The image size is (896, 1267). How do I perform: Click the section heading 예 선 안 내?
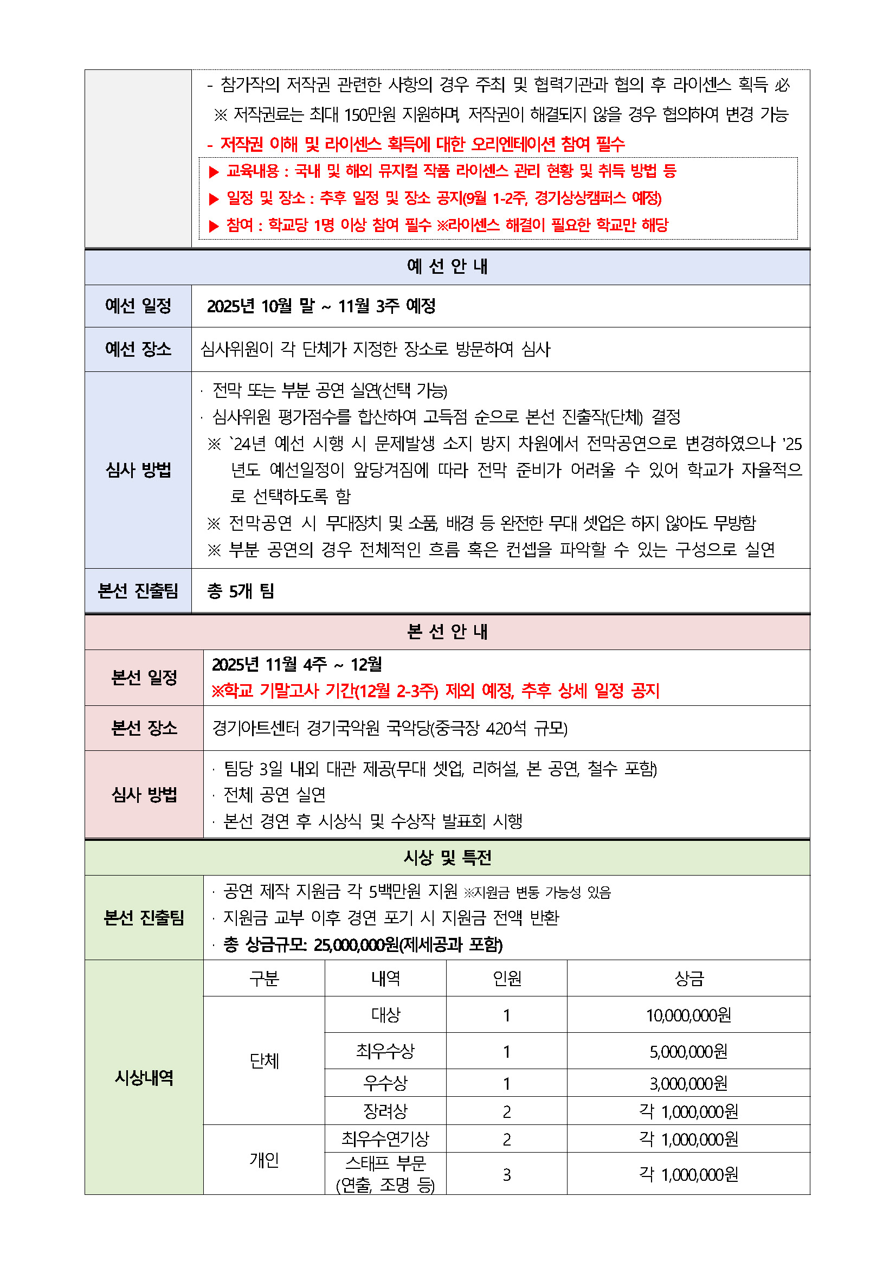(447, 267)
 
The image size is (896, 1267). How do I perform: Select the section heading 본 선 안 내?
(447, 631)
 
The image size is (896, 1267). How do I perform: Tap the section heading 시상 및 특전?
(447, 858)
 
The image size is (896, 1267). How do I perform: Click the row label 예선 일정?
(138, 306)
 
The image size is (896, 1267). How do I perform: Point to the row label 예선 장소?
(138, 349)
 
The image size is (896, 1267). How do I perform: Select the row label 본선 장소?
(144, 728)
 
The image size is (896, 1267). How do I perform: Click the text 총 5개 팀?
(241, 591)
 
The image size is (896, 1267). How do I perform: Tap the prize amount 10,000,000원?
(688, 1015)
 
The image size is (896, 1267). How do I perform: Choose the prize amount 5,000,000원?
(688, 1051)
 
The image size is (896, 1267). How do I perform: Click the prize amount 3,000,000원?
(688, 1083)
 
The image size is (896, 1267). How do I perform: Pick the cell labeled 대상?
(385, 1015)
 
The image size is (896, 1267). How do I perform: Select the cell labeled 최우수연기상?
(385, 1139)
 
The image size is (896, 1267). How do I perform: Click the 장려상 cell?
(385, 1111)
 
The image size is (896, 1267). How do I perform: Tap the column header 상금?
(688, 979)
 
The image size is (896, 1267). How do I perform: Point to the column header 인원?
(506, 979)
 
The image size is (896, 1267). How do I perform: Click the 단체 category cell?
(265, 1060)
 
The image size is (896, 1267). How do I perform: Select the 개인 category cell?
(265, 1160)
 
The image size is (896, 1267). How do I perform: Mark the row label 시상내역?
(144, 1077)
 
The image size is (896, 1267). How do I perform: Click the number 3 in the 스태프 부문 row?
(506, 1175)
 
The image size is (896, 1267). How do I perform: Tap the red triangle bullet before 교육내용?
(214, 172)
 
